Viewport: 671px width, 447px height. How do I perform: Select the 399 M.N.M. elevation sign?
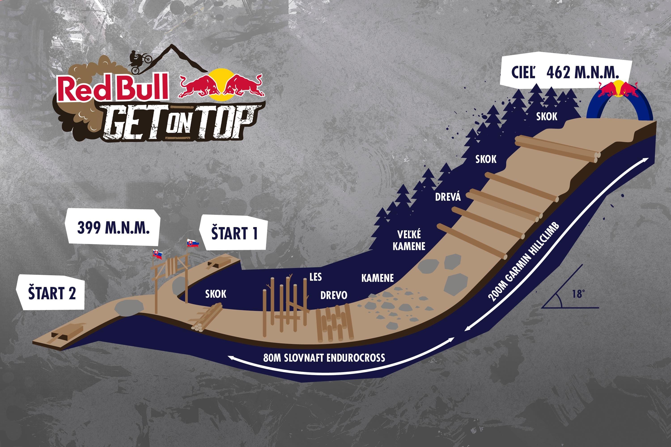tap(113, 228)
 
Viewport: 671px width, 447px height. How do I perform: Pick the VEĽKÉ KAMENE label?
tap(409, 240)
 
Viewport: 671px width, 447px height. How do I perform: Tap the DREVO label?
tap(334, 295)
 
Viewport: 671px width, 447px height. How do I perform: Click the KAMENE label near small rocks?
tap(378, 278)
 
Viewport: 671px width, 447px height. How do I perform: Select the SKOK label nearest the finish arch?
tap(547, 116)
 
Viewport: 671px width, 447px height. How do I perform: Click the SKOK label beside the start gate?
tap(216, 294)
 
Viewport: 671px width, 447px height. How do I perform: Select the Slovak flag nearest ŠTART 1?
tap(192, 243)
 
